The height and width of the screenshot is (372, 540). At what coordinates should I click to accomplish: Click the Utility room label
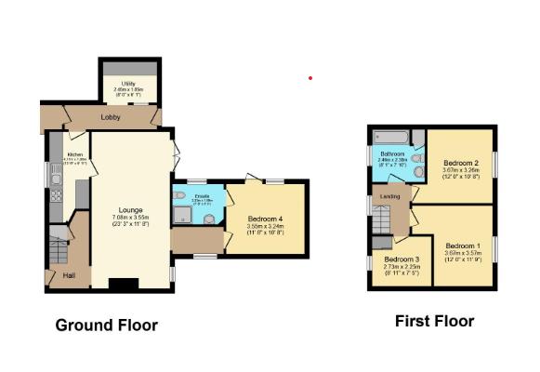[128, 83]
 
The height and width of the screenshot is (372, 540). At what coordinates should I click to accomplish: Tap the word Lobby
[112, 117]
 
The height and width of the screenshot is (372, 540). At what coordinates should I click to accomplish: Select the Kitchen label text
[74, 154]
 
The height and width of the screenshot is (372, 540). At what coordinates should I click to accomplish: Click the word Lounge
[130, 210]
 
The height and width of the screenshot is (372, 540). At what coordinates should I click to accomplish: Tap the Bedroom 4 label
[266, 219]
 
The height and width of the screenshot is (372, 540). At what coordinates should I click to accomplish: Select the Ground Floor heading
[106, 325]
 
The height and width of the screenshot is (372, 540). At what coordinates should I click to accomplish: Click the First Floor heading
[434, 322]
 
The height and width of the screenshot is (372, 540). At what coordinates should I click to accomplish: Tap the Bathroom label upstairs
[390, 154]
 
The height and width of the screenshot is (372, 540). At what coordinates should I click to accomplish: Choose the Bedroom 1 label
[461, 246]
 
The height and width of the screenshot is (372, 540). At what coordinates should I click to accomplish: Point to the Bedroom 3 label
[402, 259]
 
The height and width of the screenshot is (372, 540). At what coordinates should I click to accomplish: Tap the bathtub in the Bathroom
[390, 138]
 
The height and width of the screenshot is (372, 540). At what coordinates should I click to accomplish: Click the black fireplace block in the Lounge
[124, 284]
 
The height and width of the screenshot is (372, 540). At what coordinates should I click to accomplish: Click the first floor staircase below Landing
[381, 220]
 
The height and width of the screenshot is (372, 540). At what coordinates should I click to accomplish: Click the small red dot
[310, 78]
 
